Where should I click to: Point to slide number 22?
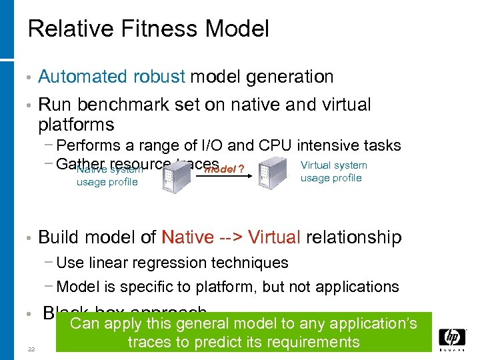pos(31,349)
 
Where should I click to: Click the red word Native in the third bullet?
pos(188,237)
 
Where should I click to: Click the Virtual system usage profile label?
pos(333,171)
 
